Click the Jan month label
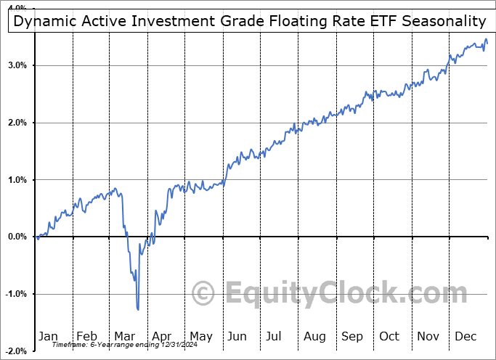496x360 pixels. pos(48,336)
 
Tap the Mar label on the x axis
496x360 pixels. pos(125,336)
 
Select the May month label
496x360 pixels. pos(200,336)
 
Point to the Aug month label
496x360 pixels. pos(315,336)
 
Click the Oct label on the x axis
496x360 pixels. pos(389,336)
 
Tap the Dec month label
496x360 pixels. pos(465,336)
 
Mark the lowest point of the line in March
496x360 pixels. pos(138,310)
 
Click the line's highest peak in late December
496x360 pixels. pos(485,40)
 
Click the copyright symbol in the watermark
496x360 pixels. pos(204,293)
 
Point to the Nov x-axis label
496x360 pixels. pos(428,336)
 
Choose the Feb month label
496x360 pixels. pos(86,336)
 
